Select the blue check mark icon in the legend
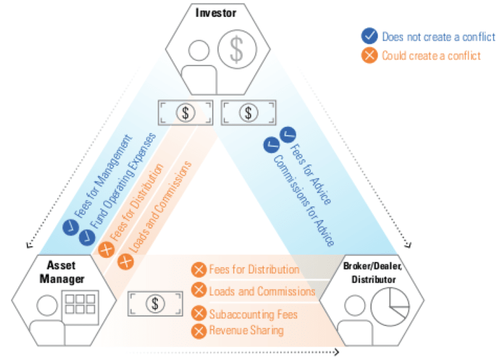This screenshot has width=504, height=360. click(x=370, y=37)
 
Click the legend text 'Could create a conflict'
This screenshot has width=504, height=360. click(x=431, y=55)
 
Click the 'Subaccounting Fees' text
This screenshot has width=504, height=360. click(x=253, y=314)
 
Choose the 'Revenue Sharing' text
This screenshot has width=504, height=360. click(x=247, y=331)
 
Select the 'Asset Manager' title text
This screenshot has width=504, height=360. click(x=65, y=272)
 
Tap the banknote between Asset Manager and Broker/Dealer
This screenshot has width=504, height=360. click(x=155, y=303)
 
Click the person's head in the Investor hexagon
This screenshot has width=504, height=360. click(x=197, y=50)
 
